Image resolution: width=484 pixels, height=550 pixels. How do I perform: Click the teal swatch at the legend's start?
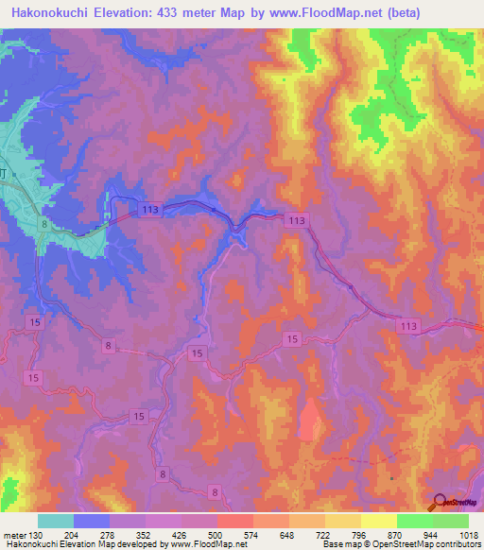tap(56, 521)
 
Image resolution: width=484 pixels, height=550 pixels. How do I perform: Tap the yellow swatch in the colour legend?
tap(378, 521)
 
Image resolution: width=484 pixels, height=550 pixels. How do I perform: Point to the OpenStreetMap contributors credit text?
tap(435, 544)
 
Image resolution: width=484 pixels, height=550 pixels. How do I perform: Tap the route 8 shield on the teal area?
tap(43, 223)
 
